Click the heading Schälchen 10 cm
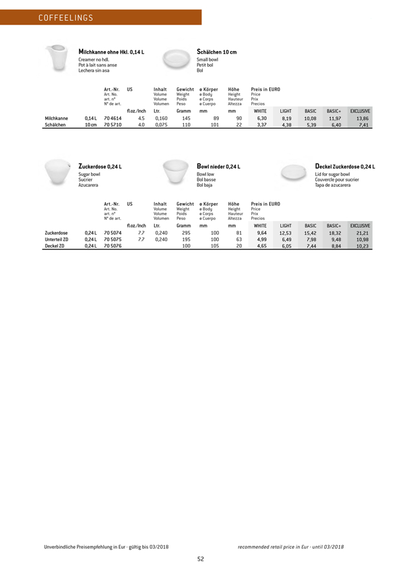216,52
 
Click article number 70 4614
112,118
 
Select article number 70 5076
112,246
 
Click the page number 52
201,559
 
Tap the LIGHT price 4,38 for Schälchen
286,125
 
